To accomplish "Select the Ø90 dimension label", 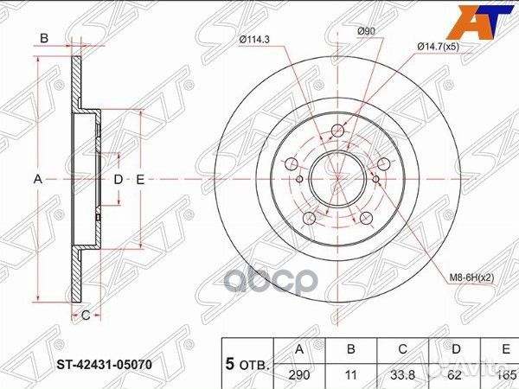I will (x=368, y=32).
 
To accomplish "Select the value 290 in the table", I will (x=299, y=376).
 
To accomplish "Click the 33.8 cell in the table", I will (x=403, y=376).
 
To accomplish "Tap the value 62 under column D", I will (x=455, y=376).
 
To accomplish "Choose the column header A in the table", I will (x=299, y=349).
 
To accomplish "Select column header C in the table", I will (x=403, y=349).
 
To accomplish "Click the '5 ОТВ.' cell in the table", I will (x=247, y=363).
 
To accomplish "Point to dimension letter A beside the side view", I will (x=37, y=179).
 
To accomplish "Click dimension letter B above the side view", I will (x=43, y=38).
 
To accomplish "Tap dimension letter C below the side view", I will (x=86, y=316).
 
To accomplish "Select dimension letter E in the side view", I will (x=138, y=179).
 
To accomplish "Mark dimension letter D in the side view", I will (x=119, y=179).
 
